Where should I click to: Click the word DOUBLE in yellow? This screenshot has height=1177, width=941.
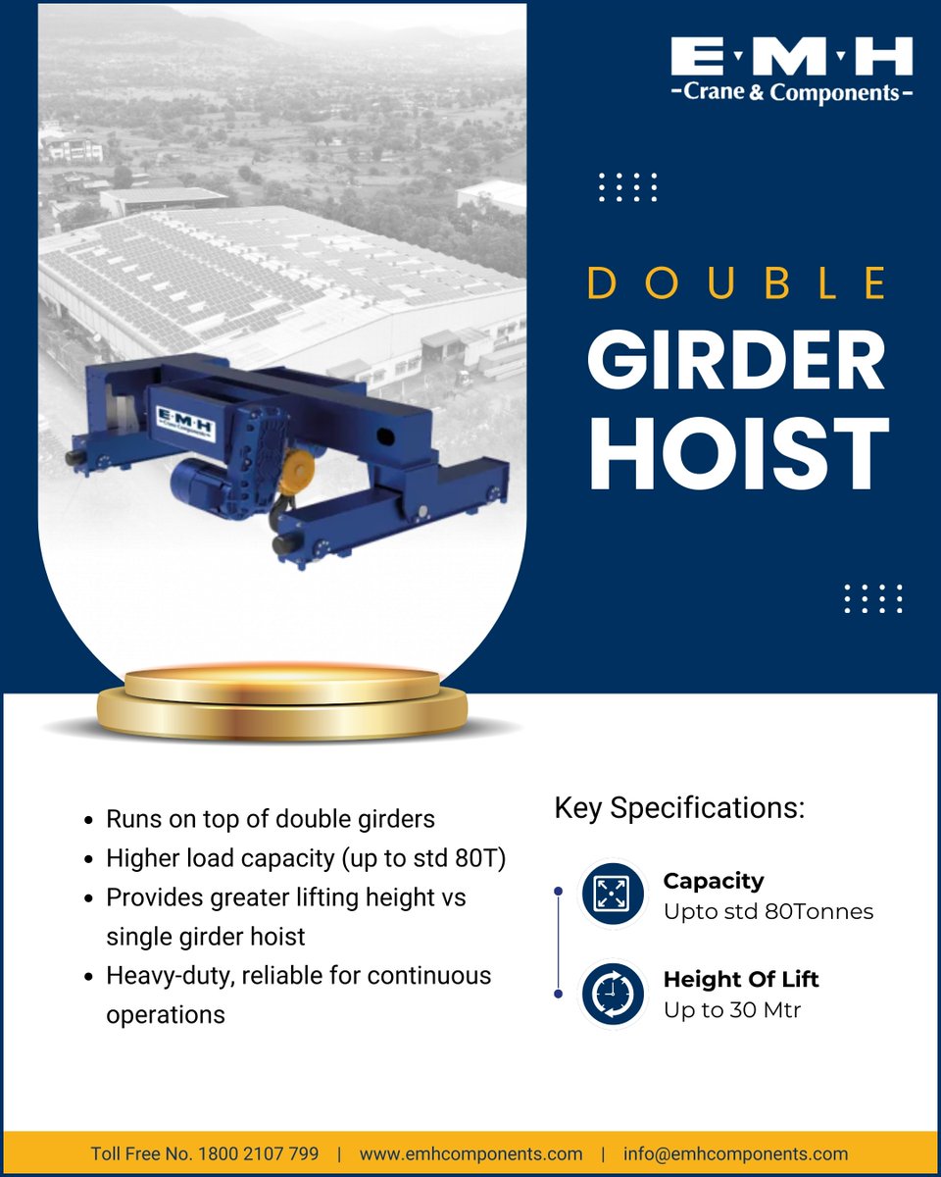coord(737,282)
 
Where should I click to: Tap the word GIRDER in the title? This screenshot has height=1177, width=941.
coord(737,362)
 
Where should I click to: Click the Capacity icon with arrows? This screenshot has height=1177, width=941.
coord(611,894)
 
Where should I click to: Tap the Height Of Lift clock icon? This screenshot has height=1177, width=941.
coord(611,994)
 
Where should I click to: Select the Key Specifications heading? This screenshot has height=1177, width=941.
coord(679,809)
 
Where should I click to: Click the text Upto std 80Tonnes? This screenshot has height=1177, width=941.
coord(768,912)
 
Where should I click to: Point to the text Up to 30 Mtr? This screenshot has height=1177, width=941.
coord(732,1009)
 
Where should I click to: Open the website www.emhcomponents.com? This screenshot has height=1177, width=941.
coord(470,1153)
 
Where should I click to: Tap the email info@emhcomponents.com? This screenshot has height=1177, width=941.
coord(735,1153)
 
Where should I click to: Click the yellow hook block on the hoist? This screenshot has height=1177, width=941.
coord(291,474)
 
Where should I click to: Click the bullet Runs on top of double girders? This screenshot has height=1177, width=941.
coord(270,819)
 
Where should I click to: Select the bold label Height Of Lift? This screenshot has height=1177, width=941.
coord(741,979)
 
